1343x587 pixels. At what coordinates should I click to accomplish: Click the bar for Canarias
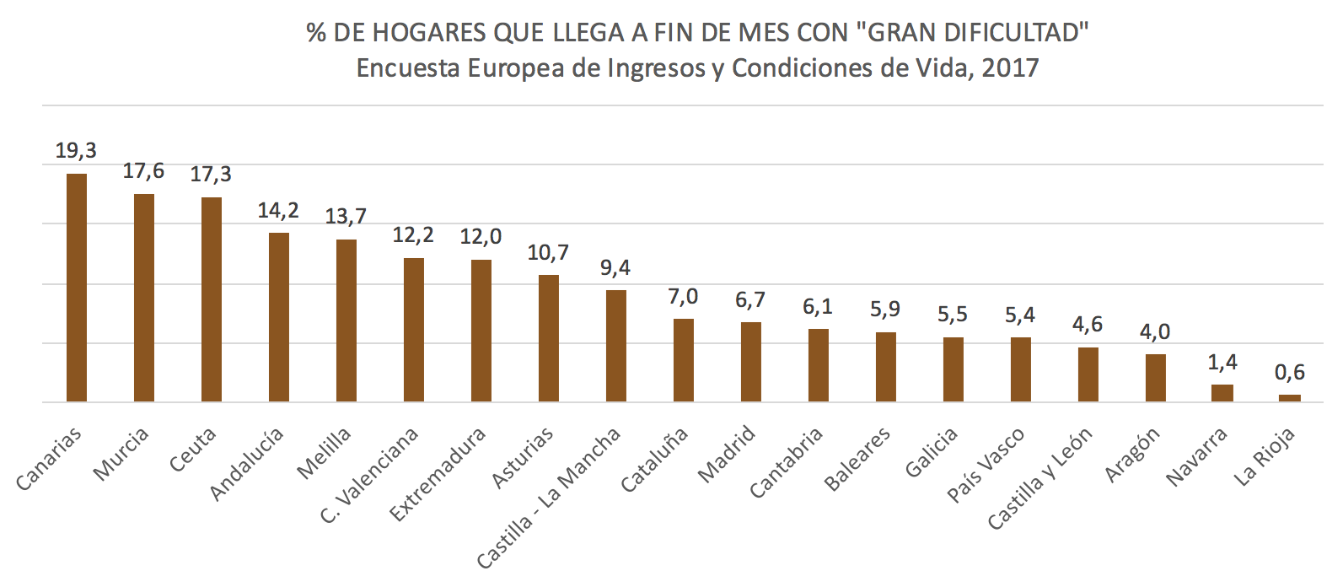pyautogui.click(x=77, y=287)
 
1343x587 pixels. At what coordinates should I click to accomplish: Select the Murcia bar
pyautogui.click(x=144, y=297)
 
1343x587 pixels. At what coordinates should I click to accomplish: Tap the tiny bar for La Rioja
pyautogui.click(x=1290, y=398)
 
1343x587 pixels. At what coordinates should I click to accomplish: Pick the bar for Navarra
pyautogui.click(x=1222, y=393)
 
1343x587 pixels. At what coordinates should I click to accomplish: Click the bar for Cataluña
pyautogui.click(x=684, y=360)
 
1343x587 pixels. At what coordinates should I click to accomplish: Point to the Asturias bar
pyautogui.click(x=549, y=337)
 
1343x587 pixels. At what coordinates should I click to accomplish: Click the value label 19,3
pyautogui.click(x=76, y=151)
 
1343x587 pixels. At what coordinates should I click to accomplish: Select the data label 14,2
pyautogui.click(x=278, y=210)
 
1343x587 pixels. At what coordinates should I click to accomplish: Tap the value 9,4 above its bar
pyautogui.click(x=615, y=268)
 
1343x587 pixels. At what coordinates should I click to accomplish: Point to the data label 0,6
pyautogui.click(x=1290, y=372)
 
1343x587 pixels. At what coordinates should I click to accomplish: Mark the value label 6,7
pyautogui.click(x=750, y=300)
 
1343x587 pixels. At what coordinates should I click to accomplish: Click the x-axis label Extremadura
pyautogui.click(x=438, y=474)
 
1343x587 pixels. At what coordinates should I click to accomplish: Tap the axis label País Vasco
pyautogui.click(x=986, y=466)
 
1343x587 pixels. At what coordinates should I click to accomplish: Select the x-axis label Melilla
pyautogui.click(x=325, y=454)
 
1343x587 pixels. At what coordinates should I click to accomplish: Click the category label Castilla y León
pyautogui.click(x=1040, y=478)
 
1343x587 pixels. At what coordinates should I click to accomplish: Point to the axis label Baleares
pyautogui.click(x=857, y=460)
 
